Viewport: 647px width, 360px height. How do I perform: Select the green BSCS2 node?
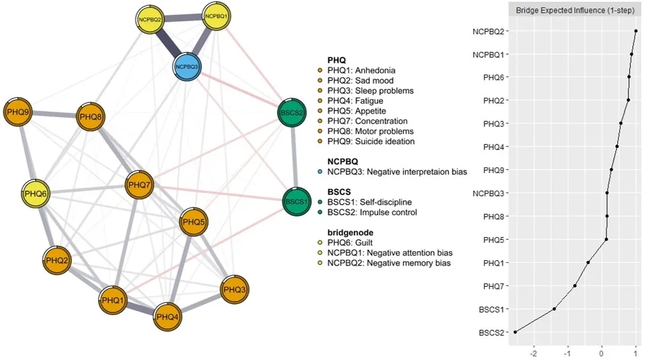click(x=292, y=113)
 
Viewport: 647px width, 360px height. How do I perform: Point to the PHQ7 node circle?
click(x=140, y=183)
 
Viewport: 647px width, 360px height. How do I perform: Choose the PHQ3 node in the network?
click(x=234, y=289)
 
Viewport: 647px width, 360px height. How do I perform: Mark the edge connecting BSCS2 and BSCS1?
click(x=294, y=157)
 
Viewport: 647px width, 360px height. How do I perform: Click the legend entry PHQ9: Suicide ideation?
click(x=370, y=141)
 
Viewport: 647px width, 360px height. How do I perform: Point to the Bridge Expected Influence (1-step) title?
click(x=571, y=11)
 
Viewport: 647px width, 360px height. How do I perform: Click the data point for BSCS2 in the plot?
click(x=515, y=332)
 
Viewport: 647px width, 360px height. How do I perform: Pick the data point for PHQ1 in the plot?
click(x=588, y=262)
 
